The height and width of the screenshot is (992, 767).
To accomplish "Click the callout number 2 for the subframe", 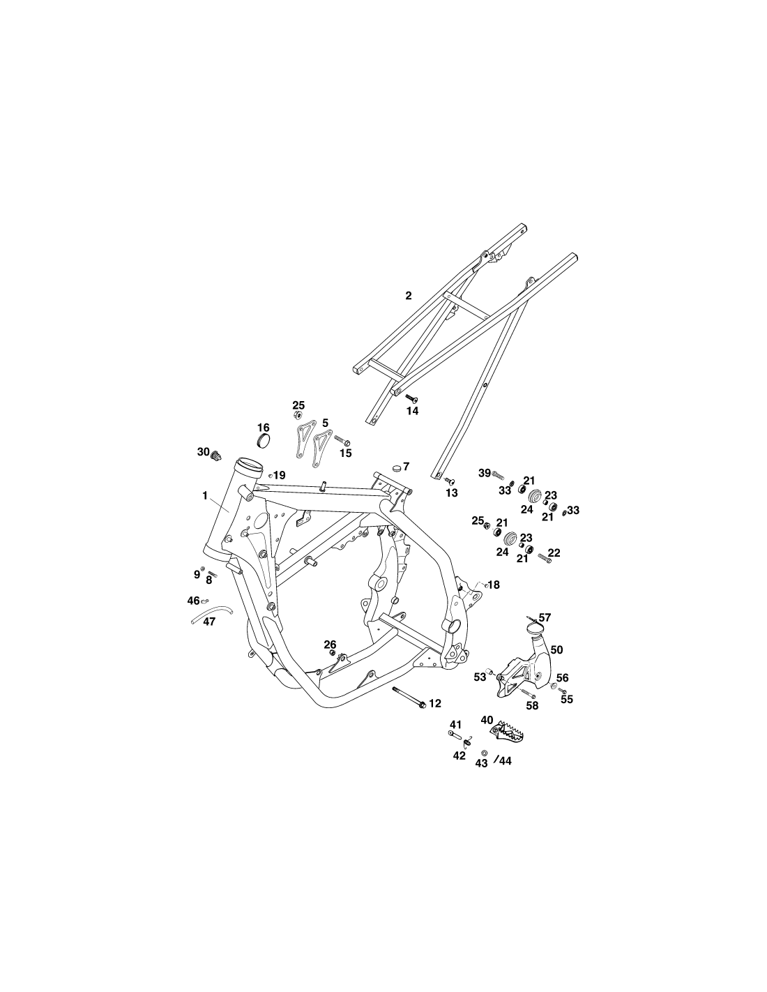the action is pyautogui.click(x=409, y=296).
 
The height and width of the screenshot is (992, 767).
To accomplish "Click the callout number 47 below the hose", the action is pyautogui.click(x=209, y=622).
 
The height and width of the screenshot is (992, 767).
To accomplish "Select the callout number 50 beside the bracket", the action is pyautogui.click(x=556, y=649).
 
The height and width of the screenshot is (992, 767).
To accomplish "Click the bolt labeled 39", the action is pyautogui.click(x=497, y=475).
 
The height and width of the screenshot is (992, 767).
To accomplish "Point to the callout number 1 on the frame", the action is pyautogui.click(x=205, y=496).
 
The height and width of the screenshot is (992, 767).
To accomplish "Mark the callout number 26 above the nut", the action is pyautogui.click(x=330, y=645).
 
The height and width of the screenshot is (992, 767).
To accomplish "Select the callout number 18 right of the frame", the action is pyautogui.click(x=494, y=585).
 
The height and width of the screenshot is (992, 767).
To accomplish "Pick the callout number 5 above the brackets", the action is pyautogui.click(x=325, y=423).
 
